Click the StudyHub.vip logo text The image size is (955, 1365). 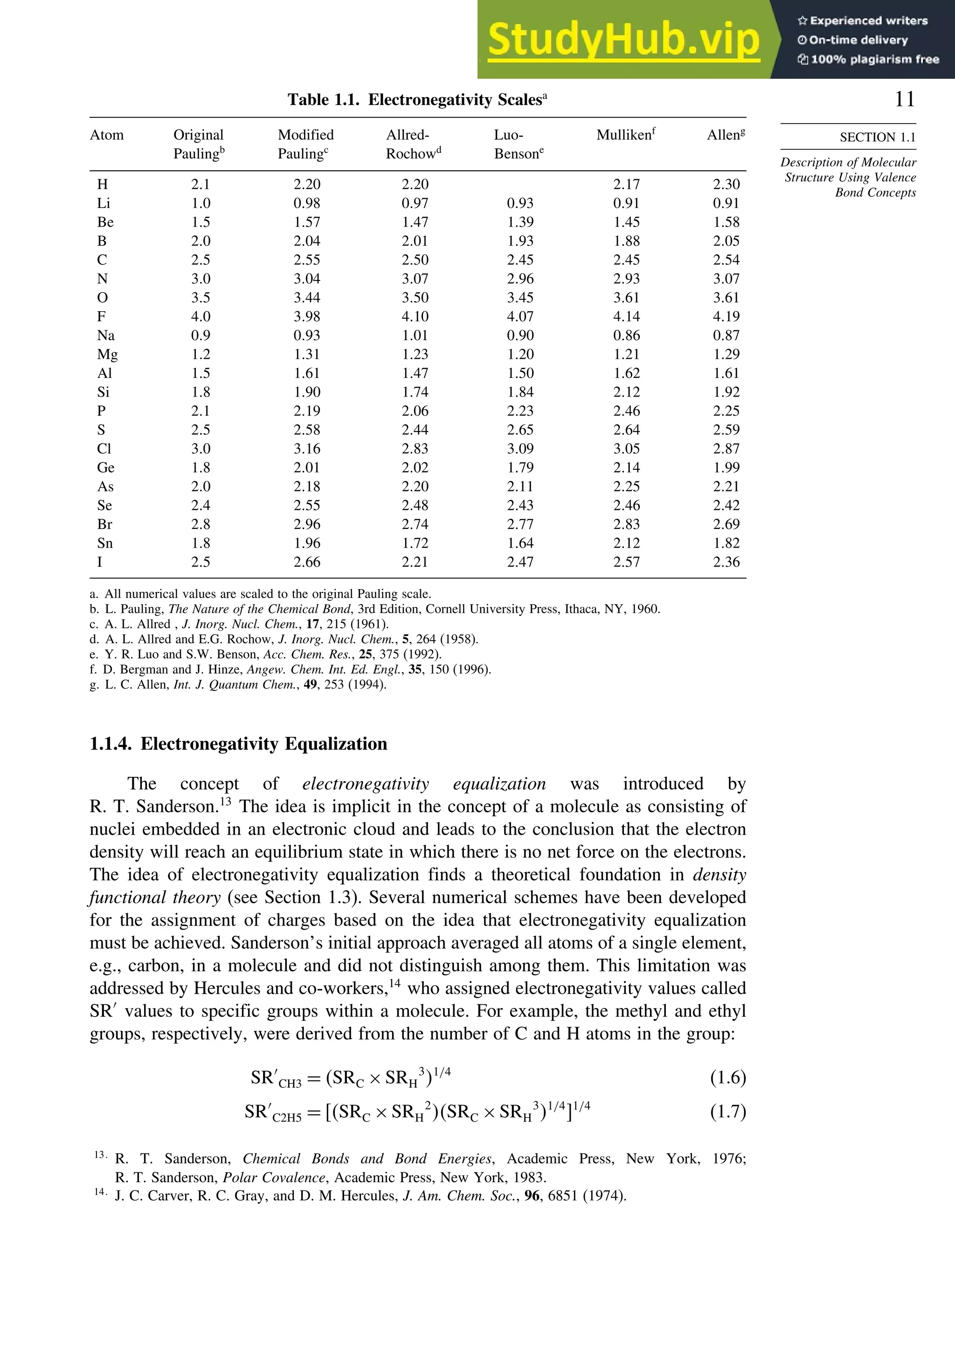pyautogui.click(x=623, y=39)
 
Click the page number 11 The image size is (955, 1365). pyautogui.click(x=905, y=99)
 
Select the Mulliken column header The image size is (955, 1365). pyautogui.click(x=625, y=135)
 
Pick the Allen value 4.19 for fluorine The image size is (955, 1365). pyautogui.click(x=726, y=317)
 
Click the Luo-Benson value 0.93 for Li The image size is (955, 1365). pyautogui.click(x=520, y=203)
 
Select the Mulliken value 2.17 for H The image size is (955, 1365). pyautogui.click(x=626, y=184)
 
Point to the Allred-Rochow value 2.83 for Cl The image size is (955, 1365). pyautogui.click(x=415, y=449)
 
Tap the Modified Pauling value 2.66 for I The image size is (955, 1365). pyautogui.click(x=307, y=562)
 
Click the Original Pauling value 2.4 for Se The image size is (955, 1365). pyautogui.click(x=201, y=505)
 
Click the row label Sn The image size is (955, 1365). pyautogui.click(x=104, y=543)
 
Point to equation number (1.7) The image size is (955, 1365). pyautogui.click(x=727, y=1111)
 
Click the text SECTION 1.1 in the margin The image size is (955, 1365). pyautogui.click(x=877, y=137)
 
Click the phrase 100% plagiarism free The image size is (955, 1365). pyautogui.click(x=874, y=59)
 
